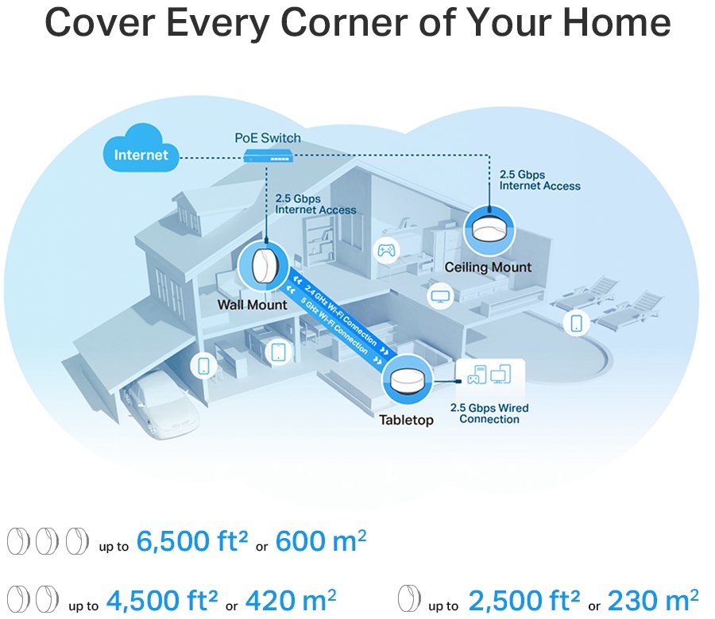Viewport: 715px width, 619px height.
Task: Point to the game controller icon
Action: click(x=387, y=251)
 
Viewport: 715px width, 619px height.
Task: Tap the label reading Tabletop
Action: click(x=406, y=420)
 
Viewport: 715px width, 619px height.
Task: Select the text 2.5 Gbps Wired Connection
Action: click(x=489, y=413)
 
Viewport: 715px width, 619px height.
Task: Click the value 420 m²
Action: click(x=291, y=599)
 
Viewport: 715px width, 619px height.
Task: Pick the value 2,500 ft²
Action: click(x=532, y=599)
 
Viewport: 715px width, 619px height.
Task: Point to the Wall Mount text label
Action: click(x=252, y=304)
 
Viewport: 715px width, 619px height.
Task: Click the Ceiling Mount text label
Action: click(x=488, y=267)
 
